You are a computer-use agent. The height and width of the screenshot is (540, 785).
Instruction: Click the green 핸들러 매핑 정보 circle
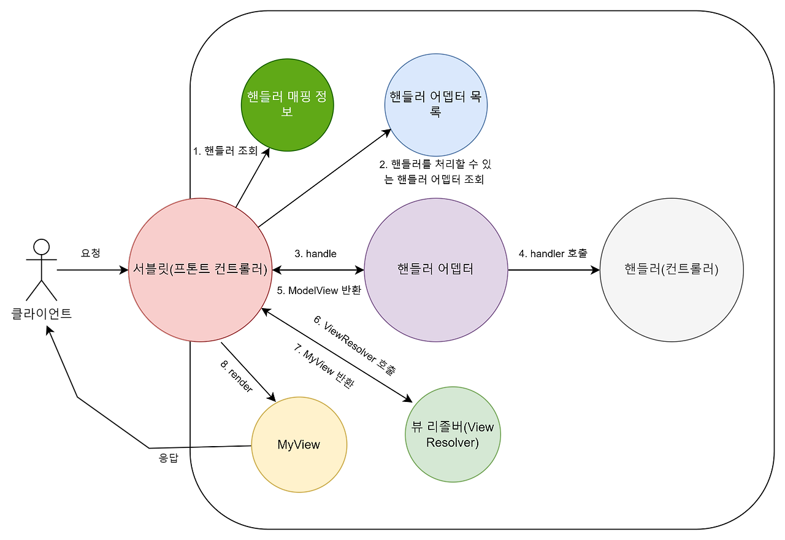tap(287, 105)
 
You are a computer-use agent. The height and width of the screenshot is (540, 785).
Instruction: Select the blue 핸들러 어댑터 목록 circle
tap(436, 105)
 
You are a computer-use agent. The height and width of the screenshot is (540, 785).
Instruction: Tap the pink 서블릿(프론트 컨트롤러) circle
tap(201, 270)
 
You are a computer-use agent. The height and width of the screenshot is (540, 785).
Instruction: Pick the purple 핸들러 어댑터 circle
tap(436, 270)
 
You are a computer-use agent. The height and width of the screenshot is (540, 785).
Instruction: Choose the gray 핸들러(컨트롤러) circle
tap(672, 270)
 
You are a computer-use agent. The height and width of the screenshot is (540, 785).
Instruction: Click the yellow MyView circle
tap(299, 445)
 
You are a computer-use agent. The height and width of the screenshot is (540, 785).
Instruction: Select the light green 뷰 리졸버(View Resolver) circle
tap(453, 434)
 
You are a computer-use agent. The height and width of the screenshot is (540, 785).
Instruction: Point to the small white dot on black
tap(41, 247)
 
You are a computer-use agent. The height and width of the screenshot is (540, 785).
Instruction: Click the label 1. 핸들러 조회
tap(225, 151)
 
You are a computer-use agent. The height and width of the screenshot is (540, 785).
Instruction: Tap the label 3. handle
tap(315, 253)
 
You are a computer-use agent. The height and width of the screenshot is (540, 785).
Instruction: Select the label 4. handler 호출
tap(553, 253)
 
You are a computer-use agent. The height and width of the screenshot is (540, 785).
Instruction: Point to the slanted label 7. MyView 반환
tap(324, 366)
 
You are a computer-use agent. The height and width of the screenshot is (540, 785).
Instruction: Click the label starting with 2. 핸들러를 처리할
tap(435, 172)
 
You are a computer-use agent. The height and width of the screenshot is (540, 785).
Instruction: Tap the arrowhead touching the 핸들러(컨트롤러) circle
tap(595, 270)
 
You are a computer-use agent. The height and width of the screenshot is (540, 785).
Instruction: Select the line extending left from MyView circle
tap(221, 446)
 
